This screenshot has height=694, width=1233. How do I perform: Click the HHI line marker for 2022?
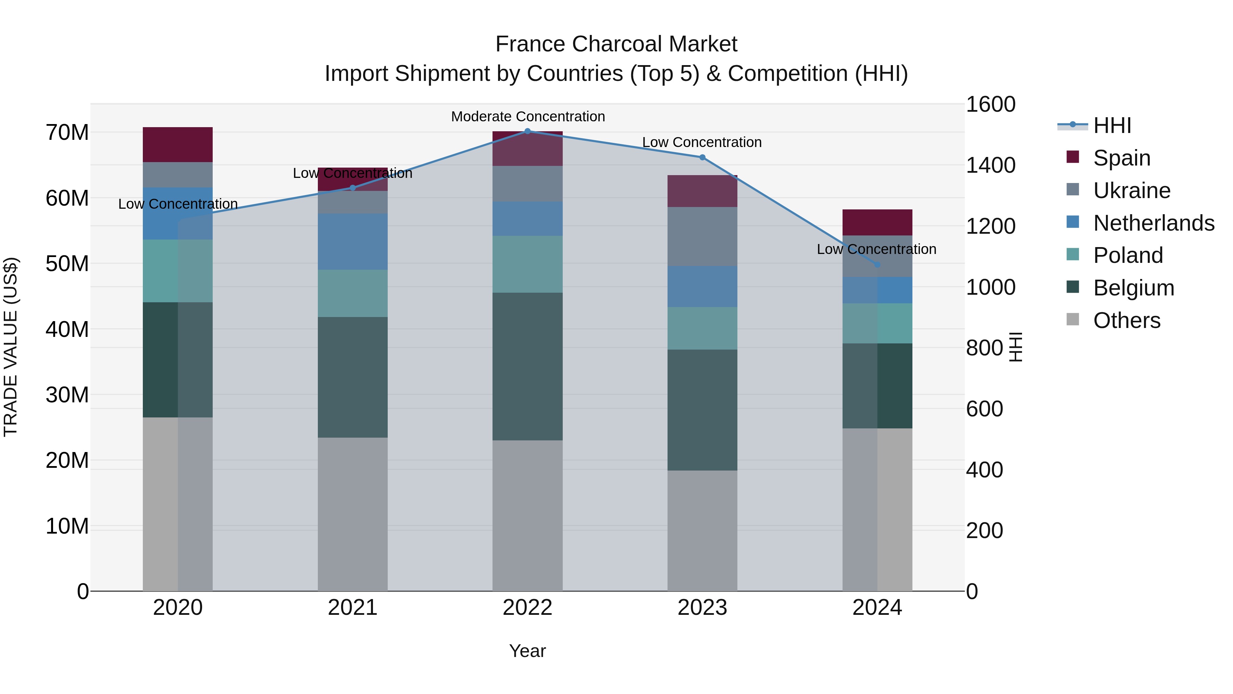527,131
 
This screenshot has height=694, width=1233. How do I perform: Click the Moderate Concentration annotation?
527,117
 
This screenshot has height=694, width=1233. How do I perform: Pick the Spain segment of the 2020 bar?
177,145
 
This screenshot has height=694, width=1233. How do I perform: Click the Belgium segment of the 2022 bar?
527,366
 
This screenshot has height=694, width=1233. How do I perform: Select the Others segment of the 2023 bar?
702,531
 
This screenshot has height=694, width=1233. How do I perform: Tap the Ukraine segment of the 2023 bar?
702,236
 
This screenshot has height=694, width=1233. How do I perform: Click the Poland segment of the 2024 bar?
877,323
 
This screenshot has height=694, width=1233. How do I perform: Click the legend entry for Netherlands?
1154,223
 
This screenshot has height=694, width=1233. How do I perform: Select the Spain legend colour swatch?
1073,157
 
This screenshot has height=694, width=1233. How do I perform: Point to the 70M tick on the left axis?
67,133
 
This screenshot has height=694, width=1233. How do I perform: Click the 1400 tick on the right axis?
990,165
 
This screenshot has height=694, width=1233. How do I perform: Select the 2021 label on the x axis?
352,608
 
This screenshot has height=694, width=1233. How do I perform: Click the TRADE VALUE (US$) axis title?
11,347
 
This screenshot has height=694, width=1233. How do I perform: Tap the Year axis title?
527,651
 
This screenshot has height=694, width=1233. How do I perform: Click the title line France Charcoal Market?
616,44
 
